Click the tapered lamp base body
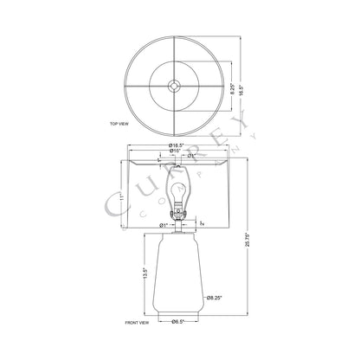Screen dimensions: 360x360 [x=179, y=277]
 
